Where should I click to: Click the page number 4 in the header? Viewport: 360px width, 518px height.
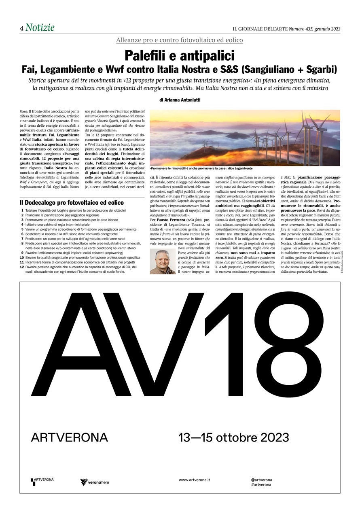21,28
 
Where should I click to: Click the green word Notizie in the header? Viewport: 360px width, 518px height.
40,28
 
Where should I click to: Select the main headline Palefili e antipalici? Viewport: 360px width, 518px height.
180,55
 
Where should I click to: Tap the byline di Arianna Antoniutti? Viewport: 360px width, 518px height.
180,99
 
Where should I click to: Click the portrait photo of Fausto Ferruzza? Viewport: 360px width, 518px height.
163,261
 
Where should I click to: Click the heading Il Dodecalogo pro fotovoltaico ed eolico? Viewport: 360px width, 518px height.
72,202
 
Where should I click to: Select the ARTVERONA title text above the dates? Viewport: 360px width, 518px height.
69,437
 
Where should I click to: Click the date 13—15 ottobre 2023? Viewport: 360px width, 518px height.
234,437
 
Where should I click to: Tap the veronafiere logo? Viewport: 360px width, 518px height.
95,482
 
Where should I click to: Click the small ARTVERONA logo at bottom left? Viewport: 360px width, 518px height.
42,481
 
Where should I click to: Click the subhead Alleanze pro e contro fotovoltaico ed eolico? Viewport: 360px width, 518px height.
180,40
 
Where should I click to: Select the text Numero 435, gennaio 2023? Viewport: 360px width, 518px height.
314,29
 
